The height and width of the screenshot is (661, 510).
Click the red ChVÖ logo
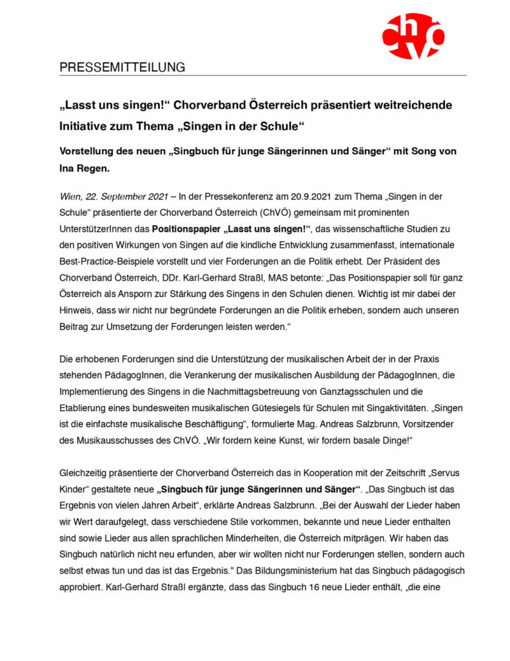pos(413,36)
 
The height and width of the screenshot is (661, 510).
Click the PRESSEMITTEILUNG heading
pos(123,67)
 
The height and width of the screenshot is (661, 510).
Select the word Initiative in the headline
pos(85,125)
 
